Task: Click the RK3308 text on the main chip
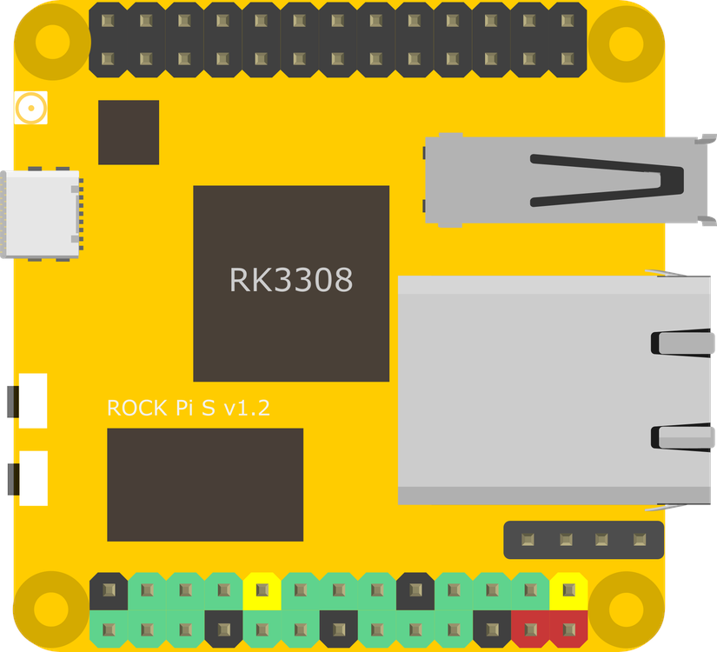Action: coord(291,280)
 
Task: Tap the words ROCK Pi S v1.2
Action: coord(188,408)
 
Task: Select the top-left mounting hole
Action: coord(52,41)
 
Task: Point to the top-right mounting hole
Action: coord(626,41)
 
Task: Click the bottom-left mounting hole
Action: coord(52,609)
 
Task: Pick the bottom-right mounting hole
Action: coord(626,609)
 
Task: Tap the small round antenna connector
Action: coord(30,109)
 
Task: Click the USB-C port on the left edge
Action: coord(42,214)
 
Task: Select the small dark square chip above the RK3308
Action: coord(129,132)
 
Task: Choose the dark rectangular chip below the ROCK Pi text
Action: coord(205,484)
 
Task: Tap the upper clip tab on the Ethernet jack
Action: coord(682,342)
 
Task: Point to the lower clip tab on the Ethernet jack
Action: coord(682,436)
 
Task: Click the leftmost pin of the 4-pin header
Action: coord(528,540)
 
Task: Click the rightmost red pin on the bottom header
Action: coord(568,629)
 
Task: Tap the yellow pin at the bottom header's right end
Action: coord(568,590)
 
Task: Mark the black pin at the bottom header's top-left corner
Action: coord(109,590)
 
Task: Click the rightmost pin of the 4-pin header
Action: coord(641,540)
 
